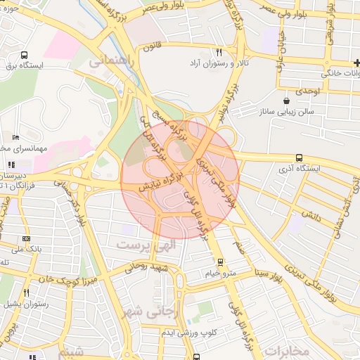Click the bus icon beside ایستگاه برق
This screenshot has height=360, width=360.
tap(25, 55)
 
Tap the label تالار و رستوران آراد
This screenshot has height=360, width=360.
tap(221, 63)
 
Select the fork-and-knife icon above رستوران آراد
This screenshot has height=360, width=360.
tap(219, 52)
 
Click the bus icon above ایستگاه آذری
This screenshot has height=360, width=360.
tap(300, 157)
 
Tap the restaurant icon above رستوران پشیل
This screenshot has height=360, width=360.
tap(26, 292)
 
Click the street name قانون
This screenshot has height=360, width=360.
tap(153, 48)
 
